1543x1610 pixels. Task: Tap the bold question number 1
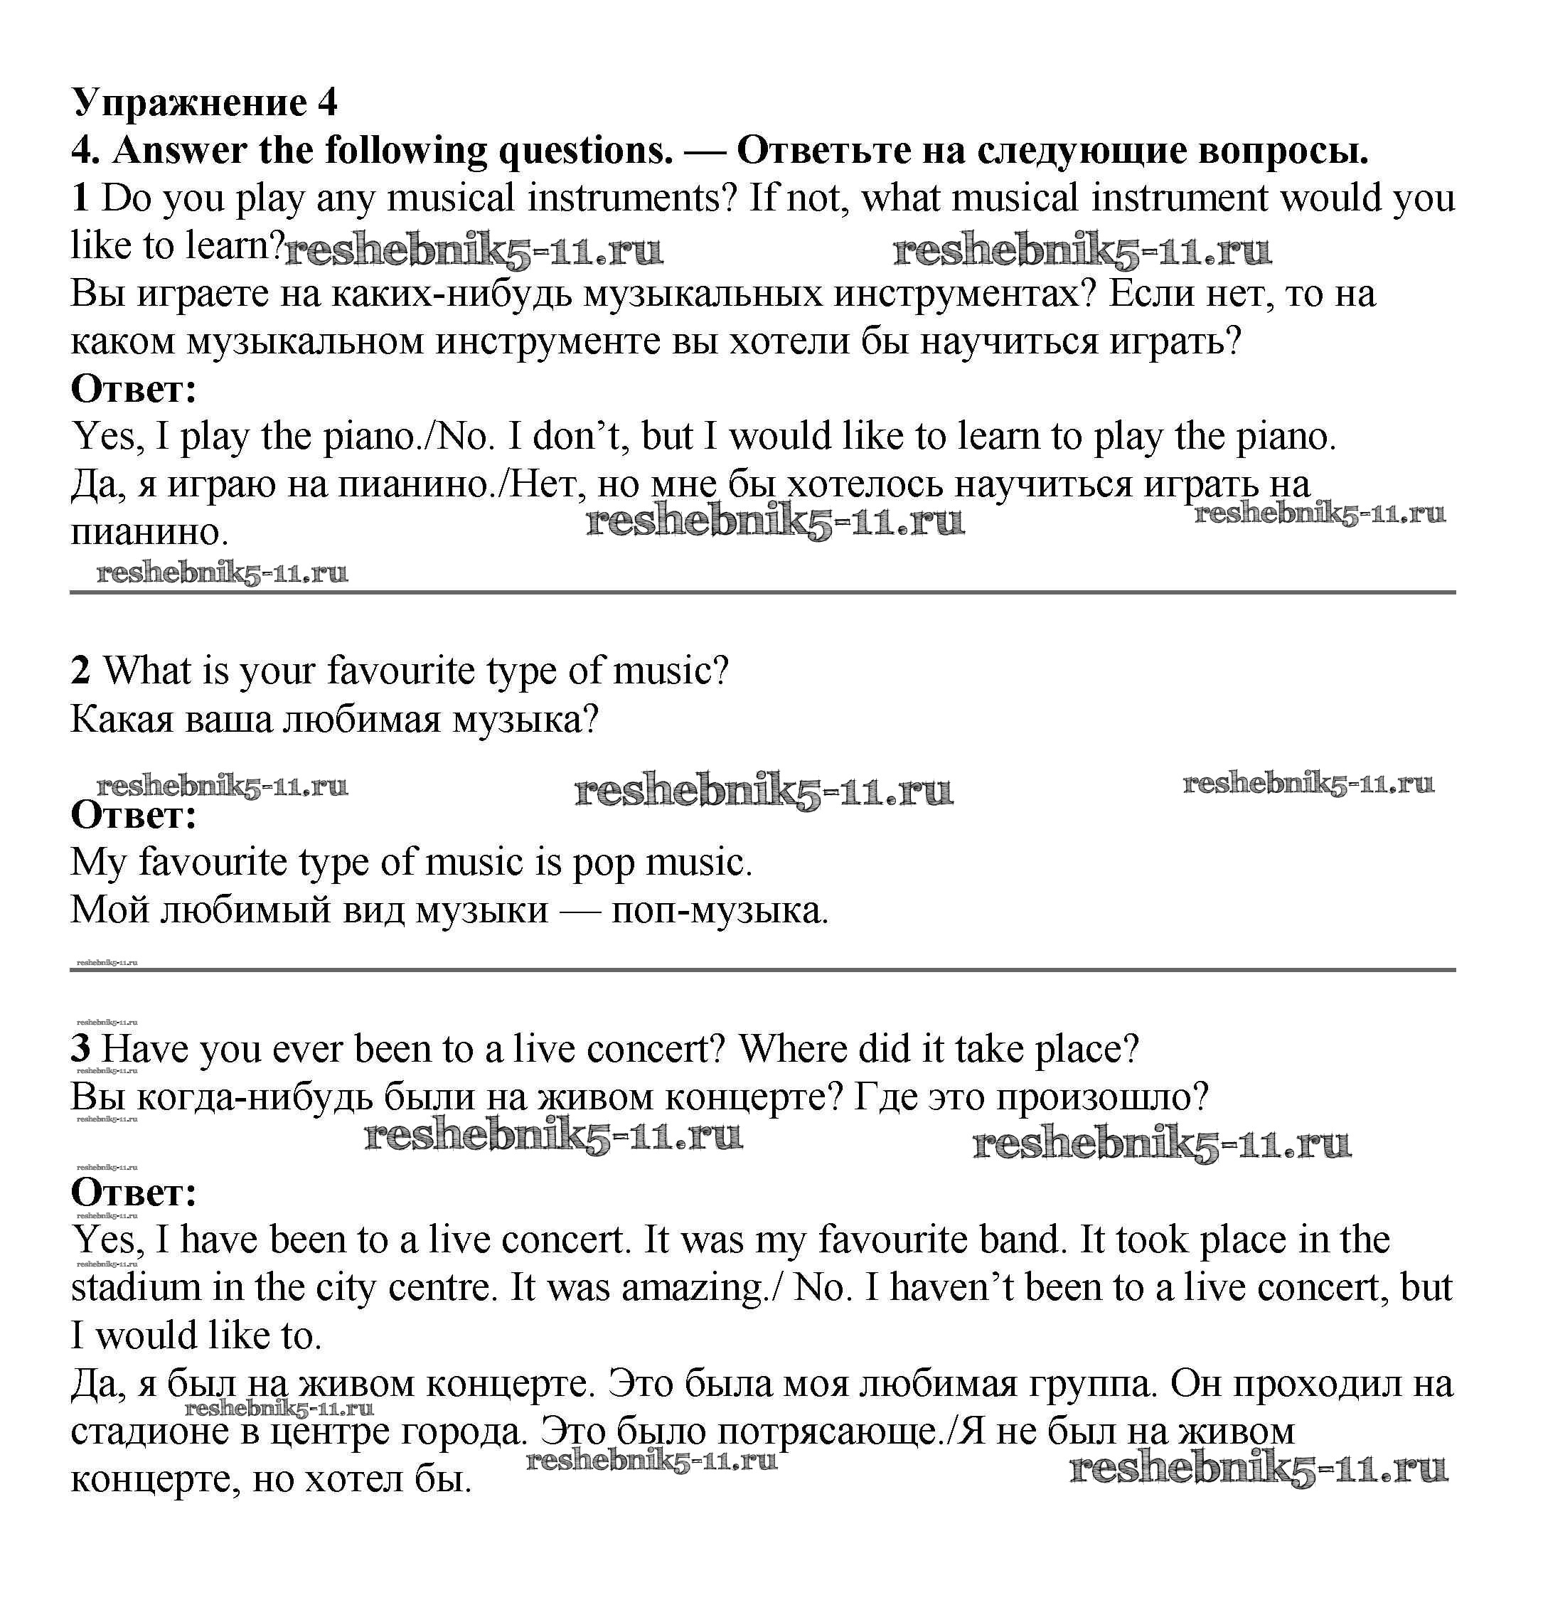[x=80, y=198]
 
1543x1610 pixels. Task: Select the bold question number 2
[x=80, y=671]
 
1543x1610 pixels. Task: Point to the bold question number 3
[x=80, y=1049]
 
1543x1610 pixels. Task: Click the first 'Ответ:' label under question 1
[x=134, y=388]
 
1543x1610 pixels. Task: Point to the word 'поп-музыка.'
[x=720, y=910]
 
